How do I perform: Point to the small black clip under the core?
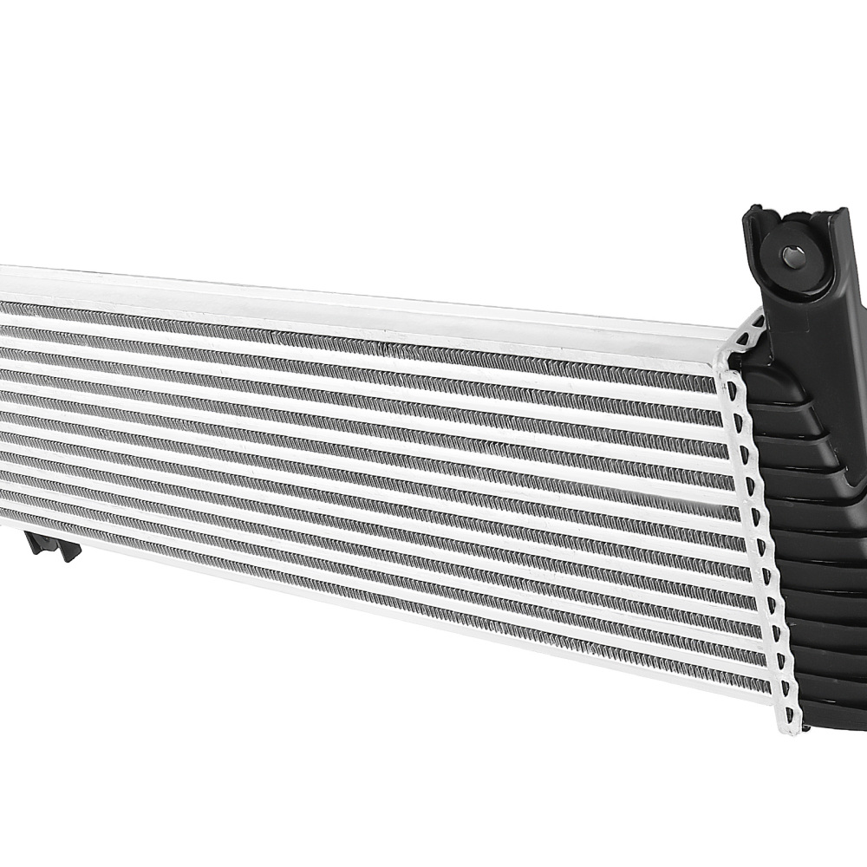coord(53,546)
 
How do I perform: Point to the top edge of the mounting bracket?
coord(793,211)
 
